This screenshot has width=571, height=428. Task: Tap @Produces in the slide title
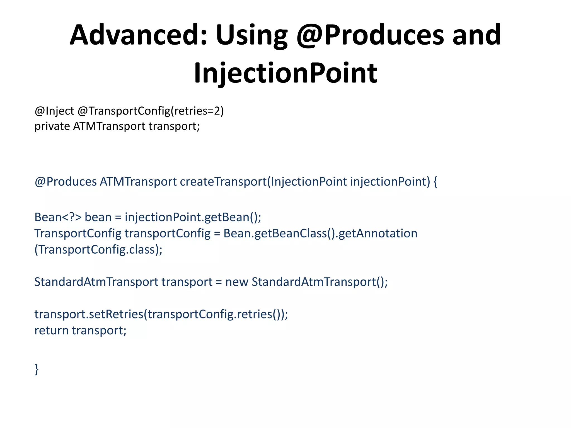click(370, 35)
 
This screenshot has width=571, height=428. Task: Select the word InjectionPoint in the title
click(285, 73)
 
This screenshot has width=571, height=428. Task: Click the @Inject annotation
click(54, 111)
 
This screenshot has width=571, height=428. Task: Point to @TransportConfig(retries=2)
click(151, 111)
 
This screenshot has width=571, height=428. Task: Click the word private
click(52, 126)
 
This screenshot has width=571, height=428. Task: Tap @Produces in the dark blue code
click(66, 182)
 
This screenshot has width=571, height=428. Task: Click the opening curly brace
click(435, 182)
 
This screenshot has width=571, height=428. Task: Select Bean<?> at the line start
click(58, 217)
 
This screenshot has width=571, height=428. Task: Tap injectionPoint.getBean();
click(193, 217)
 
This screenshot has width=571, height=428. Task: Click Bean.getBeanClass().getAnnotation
click(320, 233)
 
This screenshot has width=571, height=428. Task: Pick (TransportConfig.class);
click(98, 249)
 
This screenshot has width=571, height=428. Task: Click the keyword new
click(236, 282)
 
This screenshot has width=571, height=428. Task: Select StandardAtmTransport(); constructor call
click(320, 282)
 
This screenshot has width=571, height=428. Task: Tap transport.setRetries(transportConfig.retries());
click(161, 314)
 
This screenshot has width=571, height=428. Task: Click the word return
click(51, 330)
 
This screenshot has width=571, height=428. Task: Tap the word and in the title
click(476, 35)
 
